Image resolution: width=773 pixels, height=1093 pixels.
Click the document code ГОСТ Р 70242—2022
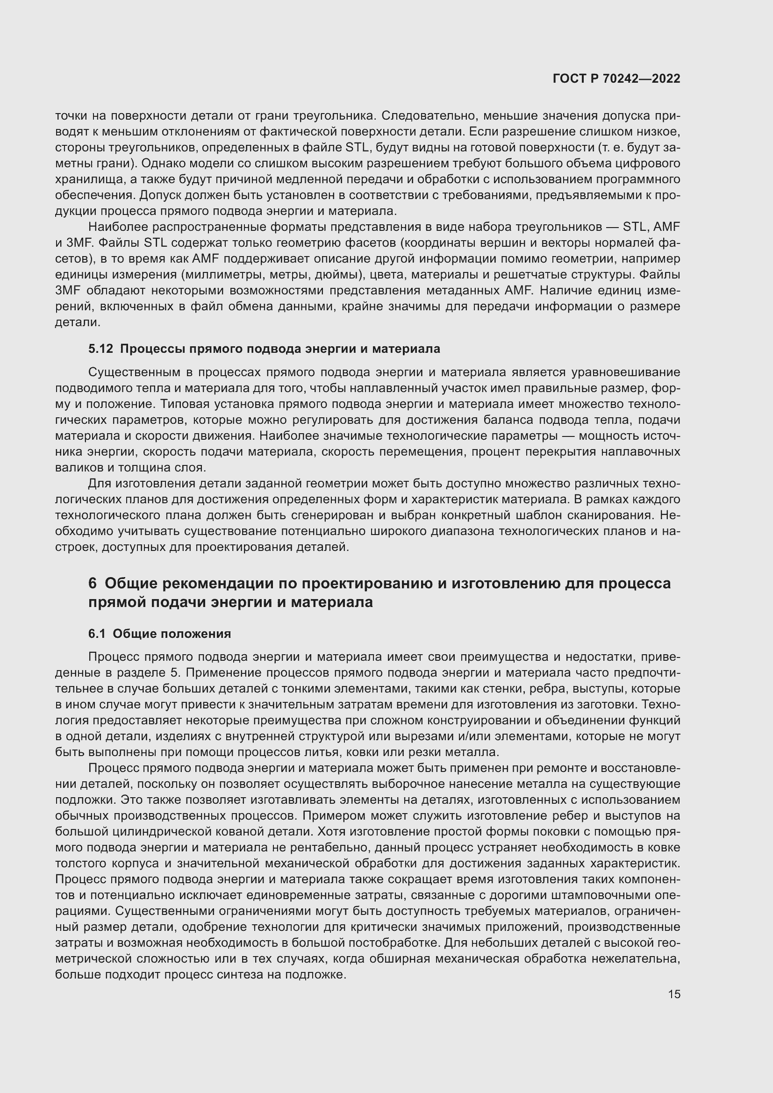tap(616, 79)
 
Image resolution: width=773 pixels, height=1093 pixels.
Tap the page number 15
tap(674, 994)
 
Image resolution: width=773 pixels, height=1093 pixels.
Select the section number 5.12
tap(100, 349)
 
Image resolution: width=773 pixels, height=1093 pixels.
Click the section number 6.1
tap(97, 634)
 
